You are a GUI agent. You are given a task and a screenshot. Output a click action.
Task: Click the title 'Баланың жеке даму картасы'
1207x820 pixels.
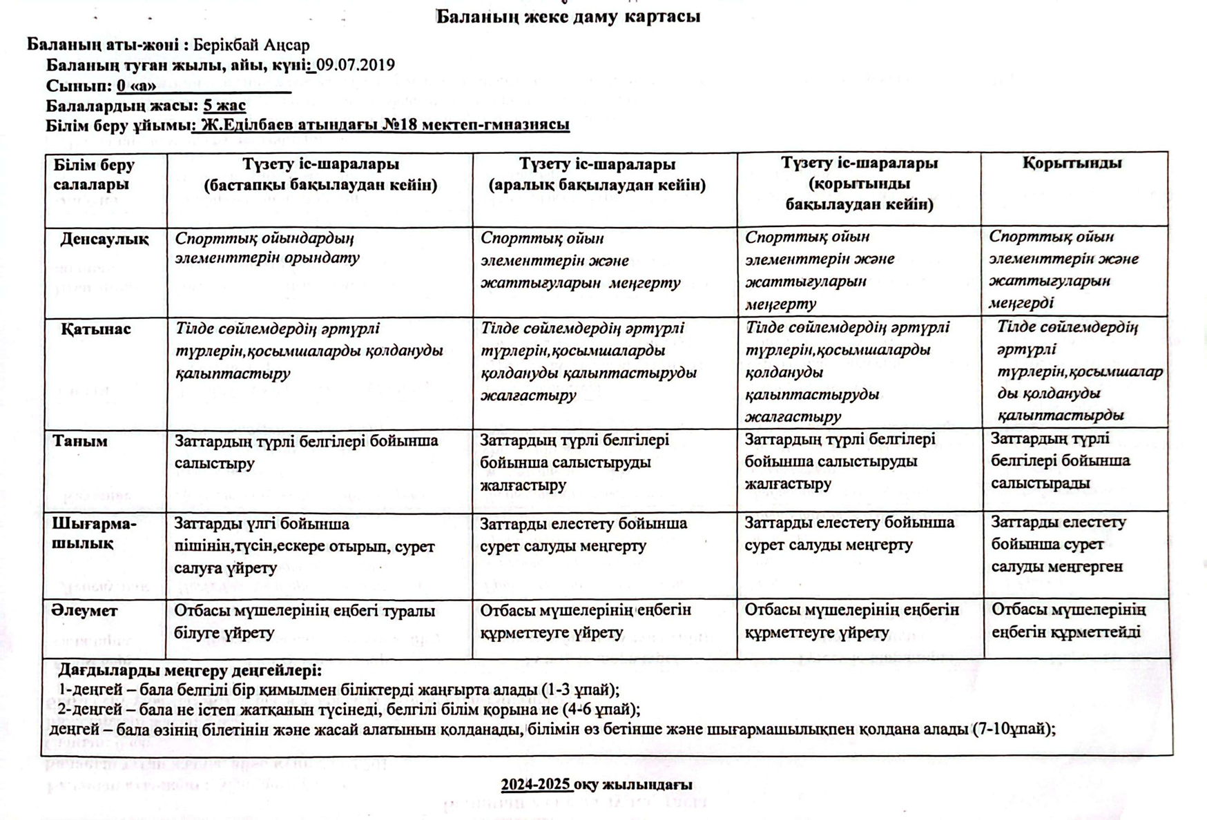[x=568, y=17]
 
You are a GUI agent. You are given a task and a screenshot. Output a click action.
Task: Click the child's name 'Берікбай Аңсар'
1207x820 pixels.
[x=251, y=45]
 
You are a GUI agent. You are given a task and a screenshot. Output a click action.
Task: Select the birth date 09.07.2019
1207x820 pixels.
[x=356, y=65]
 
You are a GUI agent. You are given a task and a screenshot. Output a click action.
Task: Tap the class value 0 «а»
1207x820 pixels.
[x=136, y=86]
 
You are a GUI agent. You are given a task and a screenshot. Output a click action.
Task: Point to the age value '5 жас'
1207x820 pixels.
[x=224, y=106]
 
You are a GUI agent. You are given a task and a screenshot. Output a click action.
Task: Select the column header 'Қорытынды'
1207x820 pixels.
[x=1072, y=164]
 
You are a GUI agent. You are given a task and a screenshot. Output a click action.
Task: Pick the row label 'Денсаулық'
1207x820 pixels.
[x=104, y=239]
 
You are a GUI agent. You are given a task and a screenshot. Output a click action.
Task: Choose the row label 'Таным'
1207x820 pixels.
[x=80, y=441]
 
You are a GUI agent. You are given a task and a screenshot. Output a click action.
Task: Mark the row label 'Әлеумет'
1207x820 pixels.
[x=85, y=611]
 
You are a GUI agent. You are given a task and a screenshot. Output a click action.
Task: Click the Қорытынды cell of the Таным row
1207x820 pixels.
[x=1060, y=460]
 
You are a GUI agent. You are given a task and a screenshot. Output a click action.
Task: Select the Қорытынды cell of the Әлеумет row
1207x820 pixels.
[x=1068, y=621]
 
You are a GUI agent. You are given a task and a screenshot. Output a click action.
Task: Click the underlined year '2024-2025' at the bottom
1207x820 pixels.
[x=537, y=785]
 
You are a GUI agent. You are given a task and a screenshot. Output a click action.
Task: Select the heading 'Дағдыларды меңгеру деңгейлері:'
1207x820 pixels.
[x=190, y=670]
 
